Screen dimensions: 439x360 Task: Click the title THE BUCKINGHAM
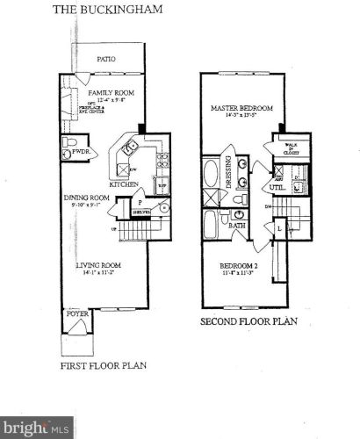pyautogui.click(x=97, y=11)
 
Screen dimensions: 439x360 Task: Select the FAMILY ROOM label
pyautogui.click(x=108, y=92)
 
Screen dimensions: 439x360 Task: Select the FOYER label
pyautogui.click(x=76, y=312)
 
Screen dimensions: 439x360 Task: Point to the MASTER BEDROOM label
pyautogui.click(x=241, y=109)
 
